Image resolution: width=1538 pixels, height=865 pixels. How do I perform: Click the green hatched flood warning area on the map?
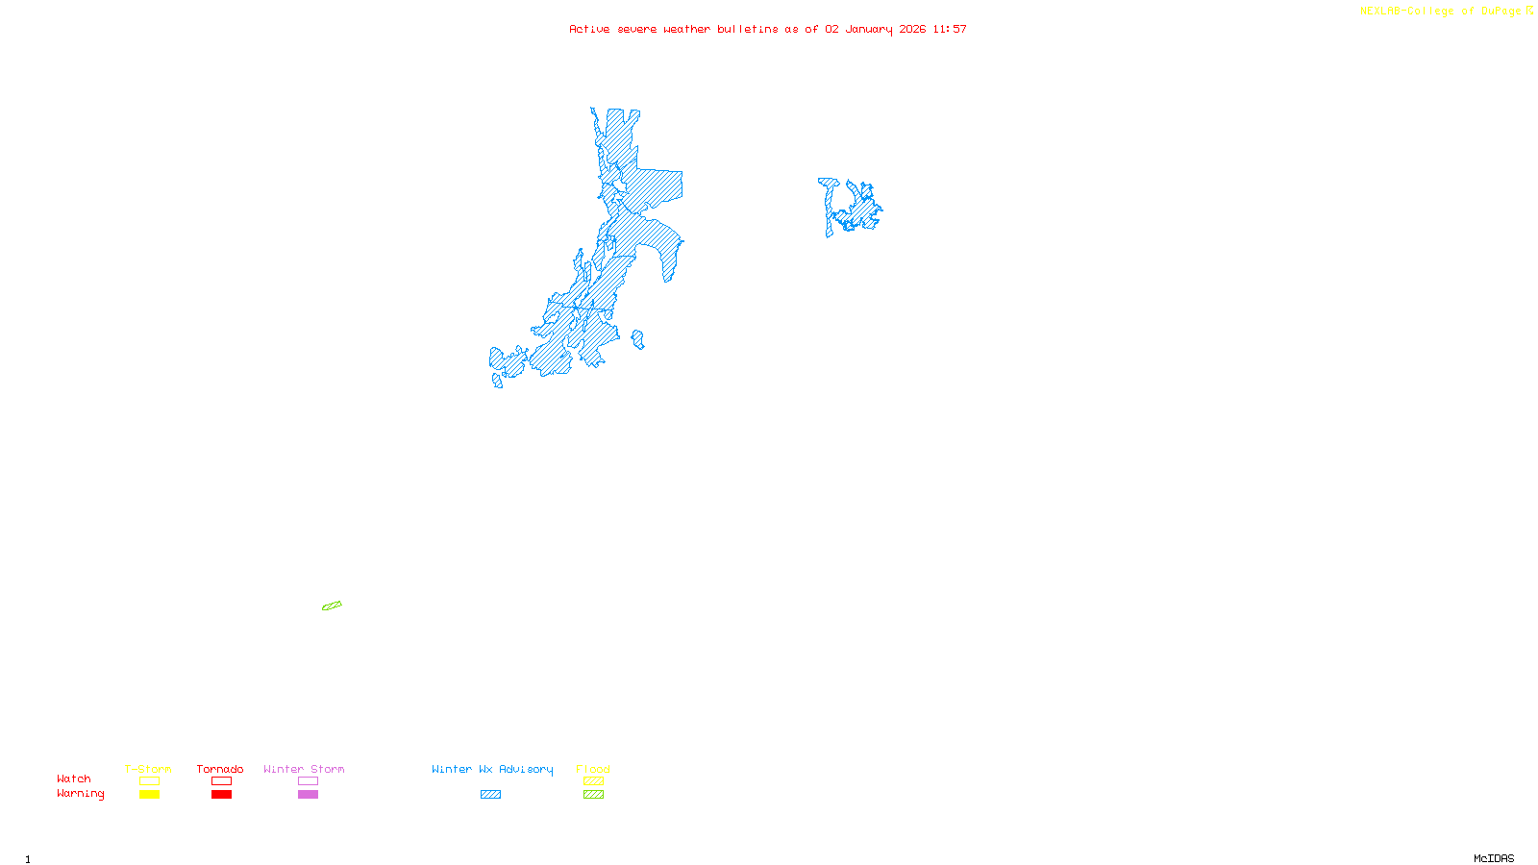(x=332, y=605)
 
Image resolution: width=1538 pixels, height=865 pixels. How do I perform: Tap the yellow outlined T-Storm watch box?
(x=149, y=781)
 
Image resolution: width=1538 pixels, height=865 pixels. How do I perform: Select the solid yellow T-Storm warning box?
(x=149, y=795)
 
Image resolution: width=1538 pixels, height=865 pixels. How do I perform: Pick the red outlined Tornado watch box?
(x=221, y=781)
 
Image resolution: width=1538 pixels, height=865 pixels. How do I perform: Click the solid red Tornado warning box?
(x=221, y=795)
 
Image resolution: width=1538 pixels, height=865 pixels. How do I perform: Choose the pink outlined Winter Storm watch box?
(x=308, y=781)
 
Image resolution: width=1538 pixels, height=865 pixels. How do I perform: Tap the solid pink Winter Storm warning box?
(x=308, y=795)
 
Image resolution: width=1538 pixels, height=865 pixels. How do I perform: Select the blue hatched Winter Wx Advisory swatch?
(x=490, y=795)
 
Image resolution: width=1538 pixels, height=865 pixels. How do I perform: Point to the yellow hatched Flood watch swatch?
(x=593, y=781)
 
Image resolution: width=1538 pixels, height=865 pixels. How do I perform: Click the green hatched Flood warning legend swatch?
(x=593, y=795)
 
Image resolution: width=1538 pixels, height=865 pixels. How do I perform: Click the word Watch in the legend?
(x=74, y=779)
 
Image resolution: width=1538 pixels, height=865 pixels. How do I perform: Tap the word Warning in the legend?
(x=80, y=794)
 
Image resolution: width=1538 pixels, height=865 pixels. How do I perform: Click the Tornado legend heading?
(x=220, y=769)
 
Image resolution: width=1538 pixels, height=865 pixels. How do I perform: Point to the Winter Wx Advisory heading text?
(x=492, y=769)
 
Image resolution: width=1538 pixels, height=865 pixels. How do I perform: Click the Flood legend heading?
(x=593, y=769)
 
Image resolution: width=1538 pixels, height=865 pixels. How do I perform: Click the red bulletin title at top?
(x=768, y=29)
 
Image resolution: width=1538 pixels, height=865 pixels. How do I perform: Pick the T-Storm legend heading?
(x=148, y=769)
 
